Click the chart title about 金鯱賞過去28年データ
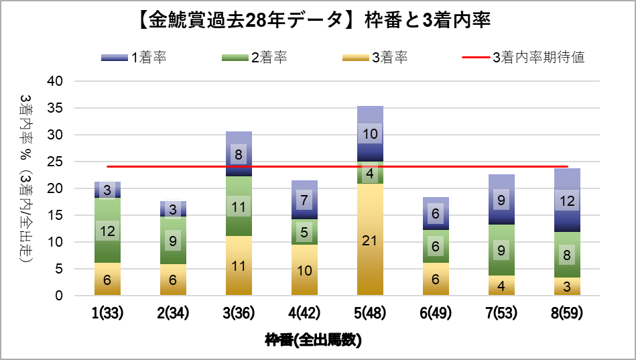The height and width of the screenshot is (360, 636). coord(318,21)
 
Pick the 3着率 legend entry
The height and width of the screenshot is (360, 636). coord(375,58)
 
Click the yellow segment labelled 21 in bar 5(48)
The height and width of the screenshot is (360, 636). coord(371,239)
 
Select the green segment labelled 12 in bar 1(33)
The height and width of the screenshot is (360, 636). coord(108,230)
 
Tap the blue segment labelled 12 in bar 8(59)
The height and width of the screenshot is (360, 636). coord(567,200)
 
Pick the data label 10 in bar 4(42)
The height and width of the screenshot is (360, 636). coord(305,270)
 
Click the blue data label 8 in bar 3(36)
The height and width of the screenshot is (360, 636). coord(239,154)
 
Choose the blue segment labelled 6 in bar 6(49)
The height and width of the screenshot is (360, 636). coord(436,214)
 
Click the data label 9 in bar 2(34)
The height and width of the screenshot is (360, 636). coord(174,240)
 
